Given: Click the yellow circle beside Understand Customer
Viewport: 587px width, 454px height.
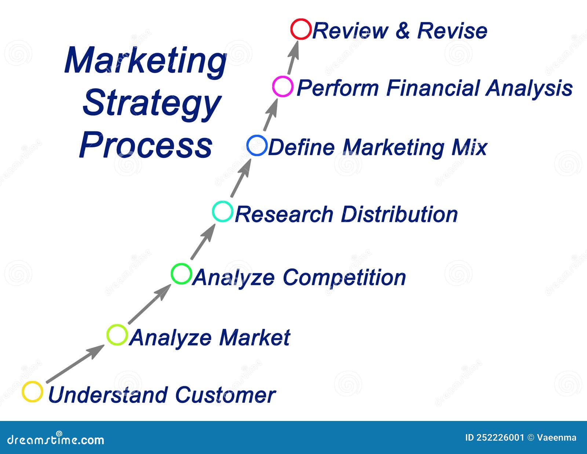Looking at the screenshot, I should pos(32,392).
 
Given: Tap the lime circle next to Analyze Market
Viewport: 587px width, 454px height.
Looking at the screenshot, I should pos(117,335).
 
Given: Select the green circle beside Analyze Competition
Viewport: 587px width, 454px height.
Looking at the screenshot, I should pos(181,274).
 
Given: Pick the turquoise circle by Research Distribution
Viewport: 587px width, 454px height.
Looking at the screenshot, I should pos(223,211).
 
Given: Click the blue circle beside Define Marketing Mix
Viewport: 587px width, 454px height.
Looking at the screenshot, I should pos(257,145).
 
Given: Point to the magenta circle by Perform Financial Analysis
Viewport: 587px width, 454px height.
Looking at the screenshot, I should pos(283,87).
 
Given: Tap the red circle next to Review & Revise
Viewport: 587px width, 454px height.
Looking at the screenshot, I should pos(301,29).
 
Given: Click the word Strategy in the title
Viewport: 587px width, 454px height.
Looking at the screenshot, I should pos(152,103).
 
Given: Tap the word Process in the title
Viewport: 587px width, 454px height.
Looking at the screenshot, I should pos(146,145).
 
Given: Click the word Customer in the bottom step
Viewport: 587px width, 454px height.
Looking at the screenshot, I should pos(225,395).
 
